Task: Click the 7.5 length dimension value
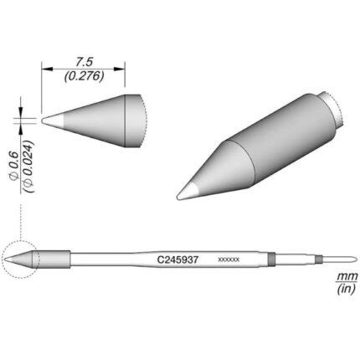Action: click(84, 62)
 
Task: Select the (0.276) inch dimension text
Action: click(84, 76)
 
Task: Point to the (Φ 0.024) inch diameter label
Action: click(28, 167)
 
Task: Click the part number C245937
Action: click(177, 260)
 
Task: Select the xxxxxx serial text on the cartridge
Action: click(229, 260)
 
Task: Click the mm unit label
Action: click(347, 277)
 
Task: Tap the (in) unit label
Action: click(346, 289)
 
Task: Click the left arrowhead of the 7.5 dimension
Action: click(47, 69)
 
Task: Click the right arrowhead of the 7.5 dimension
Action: click(119, 69)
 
